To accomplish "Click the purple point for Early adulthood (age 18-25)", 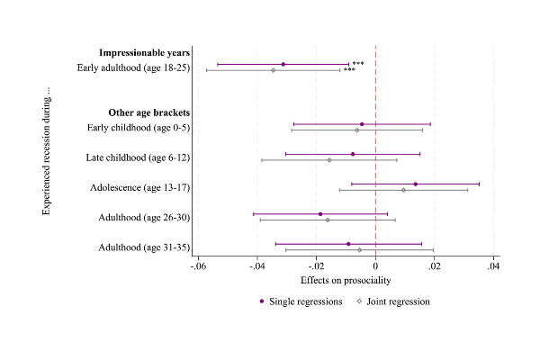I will tap(283, 64).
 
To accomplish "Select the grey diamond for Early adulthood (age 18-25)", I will tap(274, 70).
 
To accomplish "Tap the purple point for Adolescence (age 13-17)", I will tap(415, 184).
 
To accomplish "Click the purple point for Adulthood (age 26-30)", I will tap(319, 214).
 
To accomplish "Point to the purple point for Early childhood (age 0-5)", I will tap(362, 124).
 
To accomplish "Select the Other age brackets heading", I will tap(149, 112).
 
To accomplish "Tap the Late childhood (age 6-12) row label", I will tap(142, 157).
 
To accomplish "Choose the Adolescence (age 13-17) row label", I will tap(139, 187).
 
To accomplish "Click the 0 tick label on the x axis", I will tap(375, 266).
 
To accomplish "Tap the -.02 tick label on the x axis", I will tap(316, 266).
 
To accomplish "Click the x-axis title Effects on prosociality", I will tap(346, 280).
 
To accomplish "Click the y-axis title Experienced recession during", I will tap(47, 150).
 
